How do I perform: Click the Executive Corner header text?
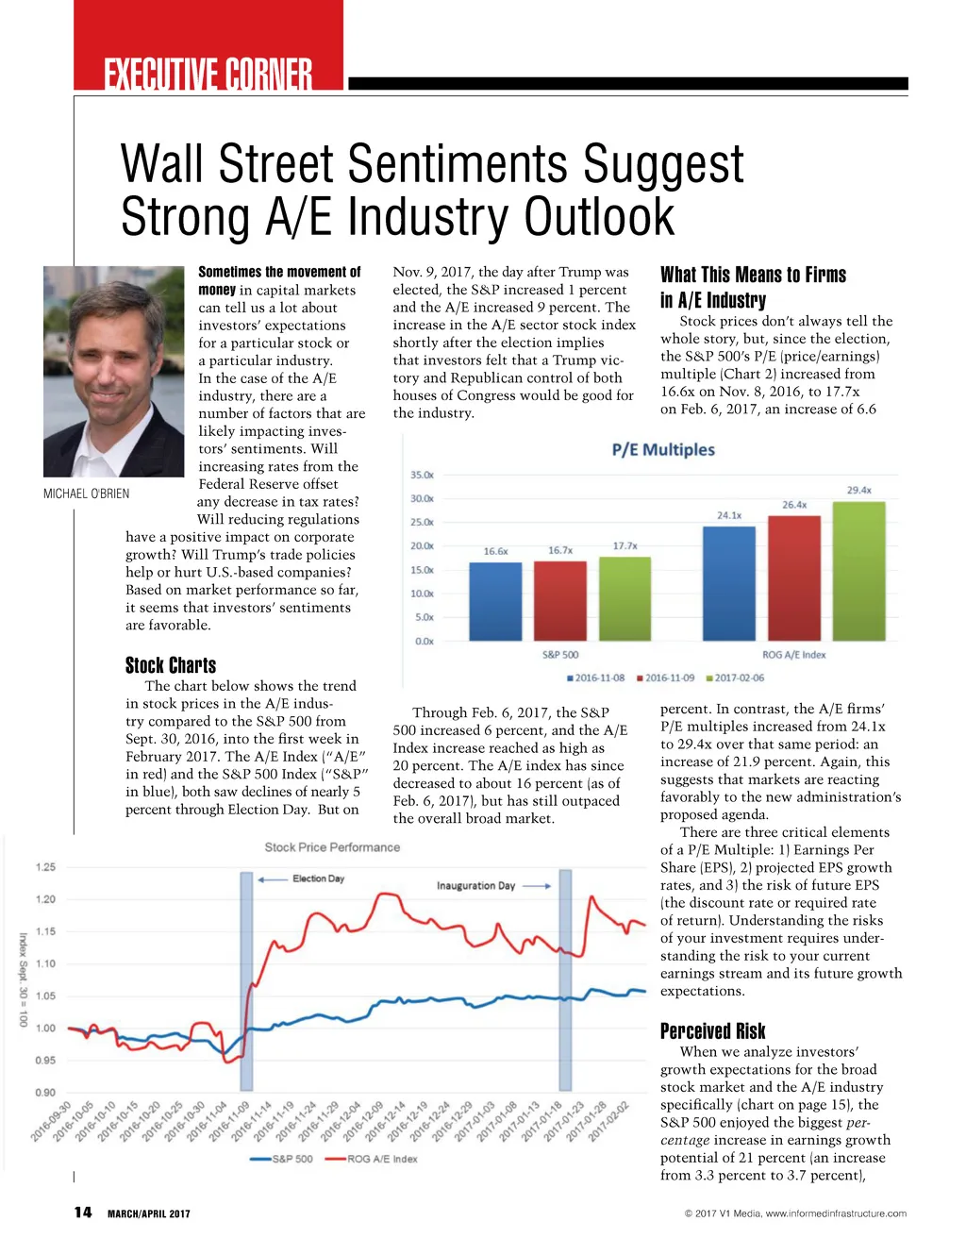(x=208, y=73)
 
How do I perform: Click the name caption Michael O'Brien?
(x=87, y=494)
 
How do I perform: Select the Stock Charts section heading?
(x=171, y=665)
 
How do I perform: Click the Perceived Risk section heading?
(x=712, y=1030)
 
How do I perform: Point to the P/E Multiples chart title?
(x=663, y=450)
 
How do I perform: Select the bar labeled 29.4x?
(x=858, y=571)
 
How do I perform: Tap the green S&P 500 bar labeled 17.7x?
(x=625, y=598)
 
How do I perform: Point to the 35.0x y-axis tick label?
(x=422, y=475)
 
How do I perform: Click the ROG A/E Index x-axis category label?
(x=793, y=655)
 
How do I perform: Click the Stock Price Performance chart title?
(x=332, y=847)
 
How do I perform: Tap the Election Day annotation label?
(x=318, y=878)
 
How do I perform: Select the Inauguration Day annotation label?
(x=475, y=886)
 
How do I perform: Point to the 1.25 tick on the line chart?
(x=45, y=867)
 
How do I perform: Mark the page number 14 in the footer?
(x=83, y=1213)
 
